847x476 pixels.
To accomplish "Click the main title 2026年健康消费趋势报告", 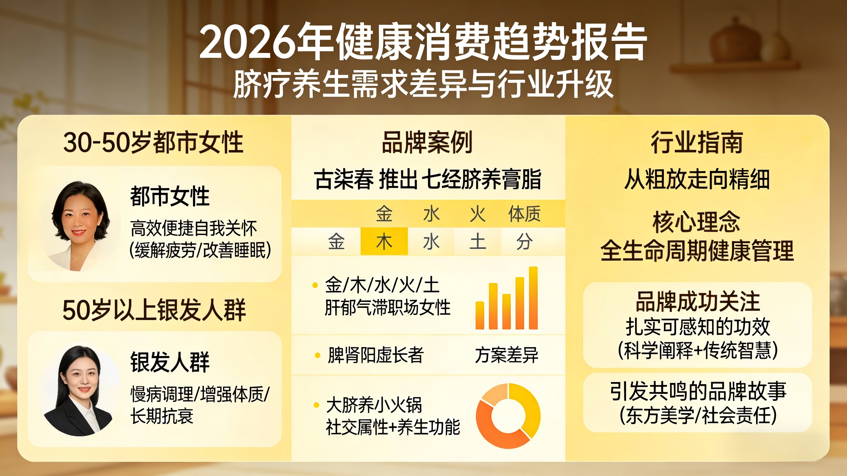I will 423,42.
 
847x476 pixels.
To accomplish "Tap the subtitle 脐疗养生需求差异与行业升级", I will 423,84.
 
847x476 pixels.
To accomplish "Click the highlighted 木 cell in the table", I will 384,241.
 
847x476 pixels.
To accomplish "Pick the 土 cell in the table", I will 478,241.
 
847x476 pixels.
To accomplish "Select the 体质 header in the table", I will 524,214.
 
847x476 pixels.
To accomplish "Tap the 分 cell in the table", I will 524,241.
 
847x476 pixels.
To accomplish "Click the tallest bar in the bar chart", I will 533,298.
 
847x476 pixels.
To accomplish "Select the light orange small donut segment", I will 494,394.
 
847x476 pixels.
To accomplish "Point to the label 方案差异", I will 506,355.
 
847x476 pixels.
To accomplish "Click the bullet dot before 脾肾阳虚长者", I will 318,355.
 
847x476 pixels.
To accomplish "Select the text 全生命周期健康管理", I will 697,251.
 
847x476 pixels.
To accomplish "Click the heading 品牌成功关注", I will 697,301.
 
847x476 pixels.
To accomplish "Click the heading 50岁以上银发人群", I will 154,310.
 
